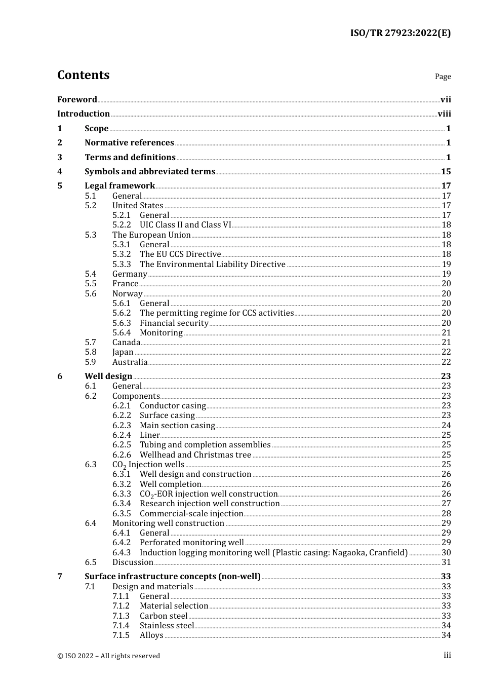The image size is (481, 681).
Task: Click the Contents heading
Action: [x=83, y=75]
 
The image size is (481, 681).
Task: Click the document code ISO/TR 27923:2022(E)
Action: [x=400, y=33]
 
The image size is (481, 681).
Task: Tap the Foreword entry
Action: [x=77, y=99]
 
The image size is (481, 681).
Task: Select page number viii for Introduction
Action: [x=444, y=114]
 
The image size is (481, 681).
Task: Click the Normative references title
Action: [x=129, y=143]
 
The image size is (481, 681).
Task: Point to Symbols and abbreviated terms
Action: [x=150, y=172]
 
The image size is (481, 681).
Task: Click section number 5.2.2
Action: [x=122, y=225]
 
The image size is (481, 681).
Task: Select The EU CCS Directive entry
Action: [x=180, y=254]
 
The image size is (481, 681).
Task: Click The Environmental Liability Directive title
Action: [x=213, y=264]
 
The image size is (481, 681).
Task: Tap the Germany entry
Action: [x=130, y=274]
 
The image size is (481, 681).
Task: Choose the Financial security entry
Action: [x=174, y=323]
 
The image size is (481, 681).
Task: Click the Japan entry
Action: [x=123, y=352]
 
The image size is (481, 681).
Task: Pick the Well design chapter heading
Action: [x=108, y=376]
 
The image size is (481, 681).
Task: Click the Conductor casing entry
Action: [x=173, y=406]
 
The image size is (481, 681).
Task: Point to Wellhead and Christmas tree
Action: [x=195, y=455]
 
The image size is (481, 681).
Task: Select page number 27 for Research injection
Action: [x=446, y=504]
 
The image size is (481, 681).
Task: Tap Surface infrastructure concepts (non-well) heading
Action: [x=173, y=577]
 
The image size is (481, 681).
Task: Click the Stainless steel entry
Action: [x=167, y=626]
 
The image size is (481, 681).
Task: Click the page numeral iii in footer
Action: [x=447, y=655]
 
